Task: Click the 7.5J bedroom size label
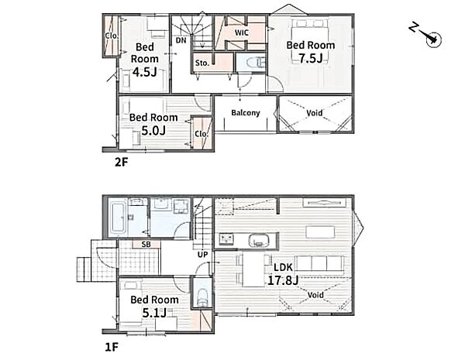pyautogui.click(x=311, y=58)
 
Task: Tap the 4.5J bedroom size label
pyautogui.click(x=144, y=72)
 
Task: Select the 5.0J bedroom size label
pyautogui.click(x=153, y=130)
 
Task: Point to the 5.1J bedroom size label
pyautogui.click(x=154, y=313)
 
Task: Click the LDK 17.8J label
pyautogui.click(x=283, y=274)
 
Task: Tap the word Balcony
pyautogui.click(x=246, y=113)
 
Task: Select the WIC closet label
pyautogui.click(x=242, y=33)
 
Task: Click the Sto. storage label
pyautogui.click(x=202, y=63)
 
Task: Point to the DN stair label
pyautogui.click(x=181, y=40)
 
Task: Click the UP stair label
pyautogui.click(x=202, y=254)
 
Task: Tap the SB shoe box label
pyautogui.click(x=146, y=244)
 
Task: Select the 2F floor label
pyautogui.click(x=121, y=162)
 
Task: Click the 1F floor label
pyautogui.click(x=112, y=347)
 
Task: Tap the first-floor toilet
pyautogui.click(x=202, y=297)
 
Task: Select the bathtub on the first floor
pyautogui.click(x=117, y=218)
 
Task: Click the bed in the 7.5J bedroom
pyautogui.click(x=310, y=41)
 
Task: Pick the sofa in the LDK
pyautogui.click(x=319, y=265)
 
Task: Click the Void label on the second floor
pyautogui.click(x=315, y=113)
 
